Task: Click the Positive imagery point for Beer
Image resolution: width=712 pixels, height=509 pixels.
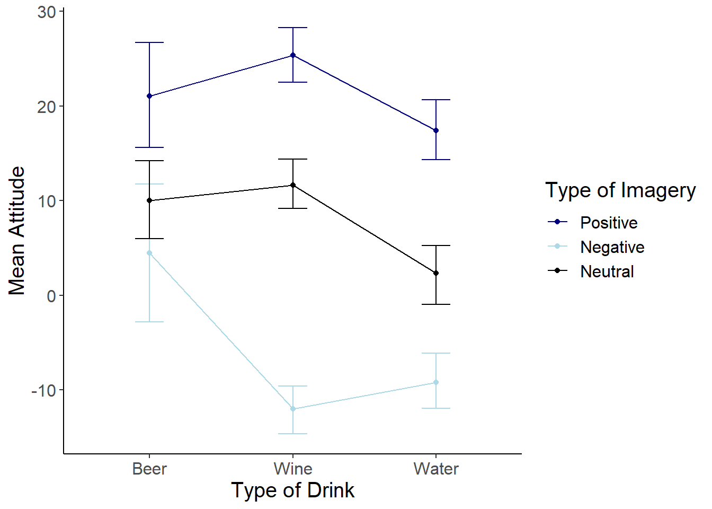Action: coord(149,96)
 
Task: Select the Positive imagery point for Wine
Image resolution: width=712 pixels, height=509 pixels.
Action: coord(293,55)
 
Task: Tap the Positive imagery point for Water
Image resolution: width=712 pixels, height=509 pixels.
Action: coord(436,130)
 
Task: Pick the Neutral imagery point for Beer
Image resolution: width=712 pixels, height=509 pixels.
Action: coord(149,200)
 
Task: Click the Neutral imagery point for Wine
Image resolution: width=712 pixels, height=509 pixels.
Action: coord(293,185)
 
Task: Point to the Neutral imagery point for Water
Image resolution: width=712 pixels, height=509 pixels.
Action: coord(436,273)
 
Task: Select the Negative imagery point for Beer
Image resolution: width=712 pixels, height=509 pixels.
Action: coord(149,253)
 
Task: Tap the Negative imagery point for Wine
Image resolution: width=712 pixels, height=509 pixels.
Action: coord(293,409)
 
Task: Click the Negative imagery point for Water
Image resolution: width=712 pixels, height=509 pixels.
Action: coord(436,382)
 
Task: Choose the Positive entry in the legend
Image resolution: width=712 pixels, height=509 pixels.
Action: coord(608,223)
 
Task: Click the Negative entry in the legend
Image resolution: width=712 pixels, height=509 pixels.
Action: coord(612,247)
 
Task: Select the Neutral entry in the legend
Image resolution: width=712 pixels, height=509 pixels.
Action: coord(607,271)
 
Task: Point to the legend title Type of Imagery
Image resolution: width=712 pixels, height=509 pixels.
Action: coord(620,190)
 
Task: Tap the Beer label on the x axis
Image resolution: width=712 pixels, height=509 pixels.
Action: coord(149,469)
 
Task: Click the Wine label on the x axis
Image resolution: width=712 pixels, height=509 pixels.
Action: coord(293,469)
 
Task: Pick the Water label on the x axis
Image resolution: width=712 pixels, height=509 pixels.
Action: coord(436,469)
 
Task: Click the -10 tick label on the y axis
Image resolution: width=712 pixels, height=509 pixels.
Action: coord(43,391)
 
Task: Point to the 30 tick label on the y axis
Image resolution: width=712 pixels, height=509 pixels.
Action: coord(47,12)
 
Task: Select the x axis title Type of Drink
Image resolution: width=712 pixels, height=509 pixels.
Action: coord(292,490)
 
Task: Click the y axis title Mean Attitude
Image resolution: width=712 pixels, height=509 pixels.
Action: coord(17,231)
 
